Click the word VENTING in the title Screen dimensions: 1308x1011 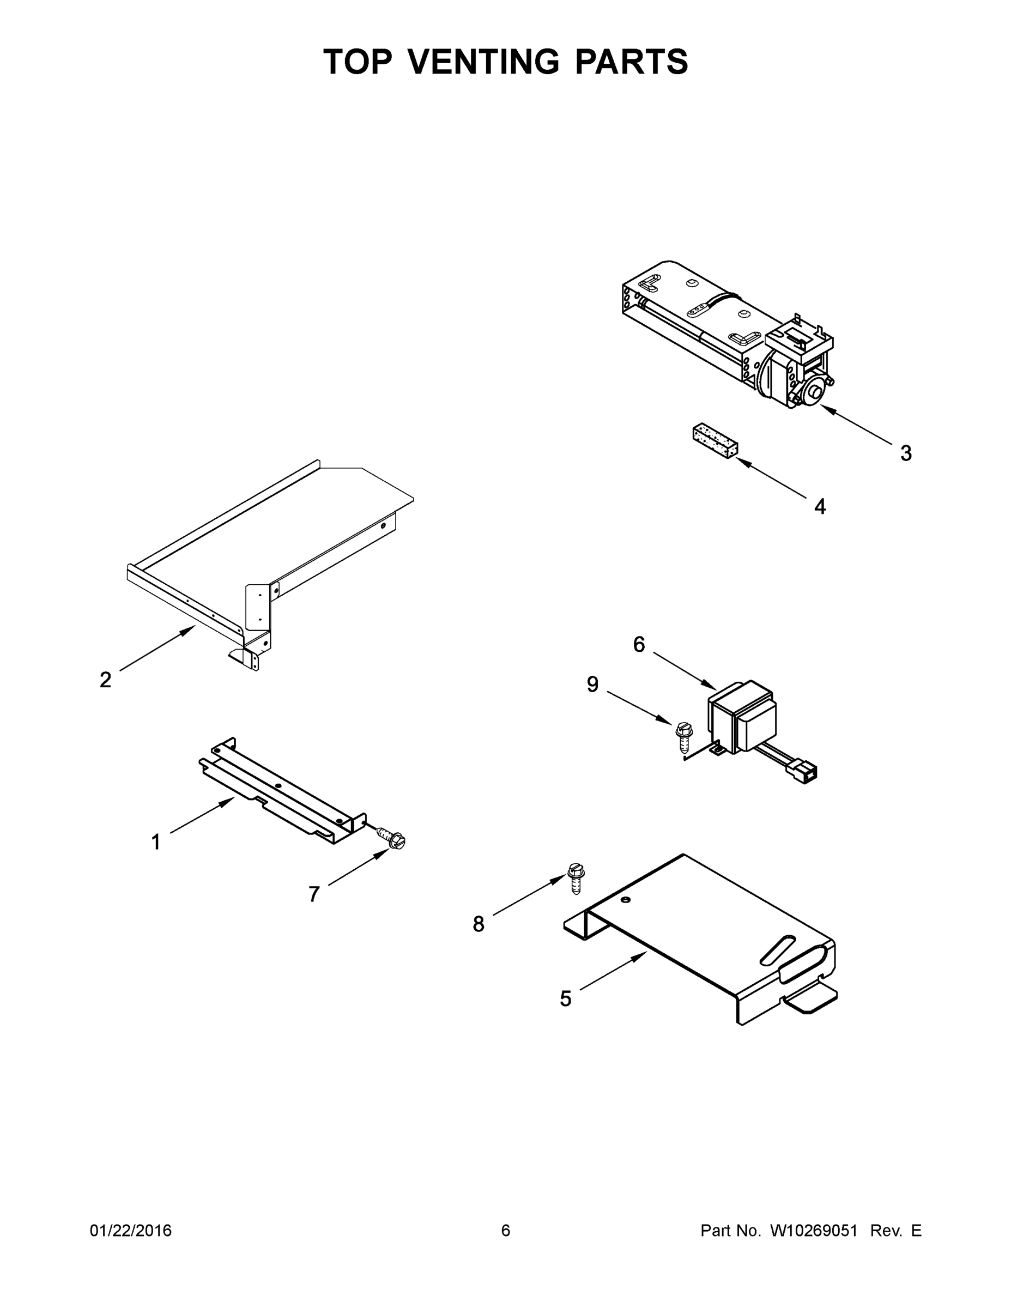(x=484, y=62)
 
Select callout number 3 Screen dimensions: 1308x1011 (x=906, y=453)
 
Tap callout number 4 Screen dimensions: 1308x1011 (x=820, y=507)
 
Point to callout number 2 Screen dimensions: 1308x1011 (x=105, y=680)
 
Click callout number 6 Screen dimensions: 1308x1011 (x=639, y=644)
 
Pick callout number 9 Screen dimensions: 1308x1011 (x=592, y=684)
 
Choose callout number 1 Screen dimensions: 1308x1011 (x=156, y=843)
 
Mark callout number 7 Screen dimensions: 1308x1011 (x=314, y=894)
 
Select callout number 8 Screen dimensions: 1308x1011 (x=478, y=924)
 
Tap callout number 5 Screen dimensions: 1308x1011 (x=565, y=998)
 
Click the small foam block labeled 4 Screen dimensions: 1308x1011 (x=715, y=441)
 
